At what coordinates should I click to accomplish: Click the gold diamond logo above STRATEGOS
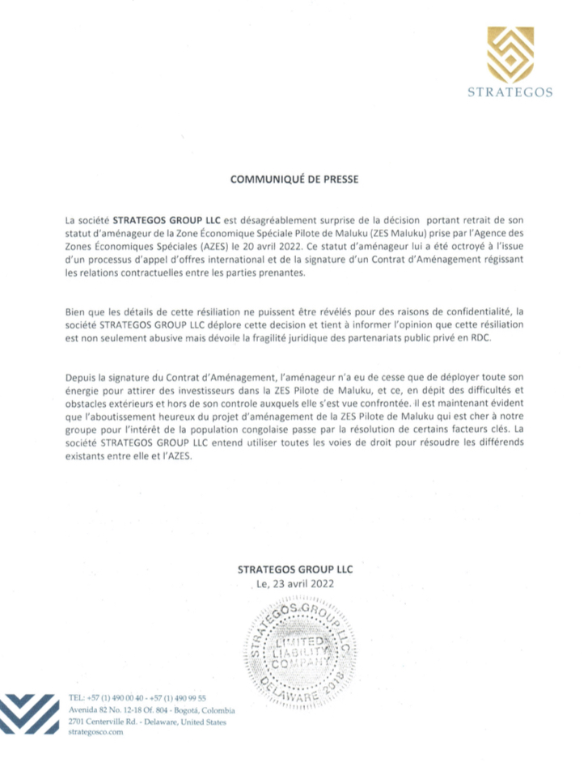click(510, 54)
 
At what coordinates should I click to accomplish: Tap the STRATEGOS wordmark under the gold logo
click(510, 92)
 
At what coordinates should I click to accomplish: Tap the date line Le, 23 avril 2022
click(294, 583)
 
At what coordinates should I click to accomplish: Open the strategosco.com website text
click(95, 732)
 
